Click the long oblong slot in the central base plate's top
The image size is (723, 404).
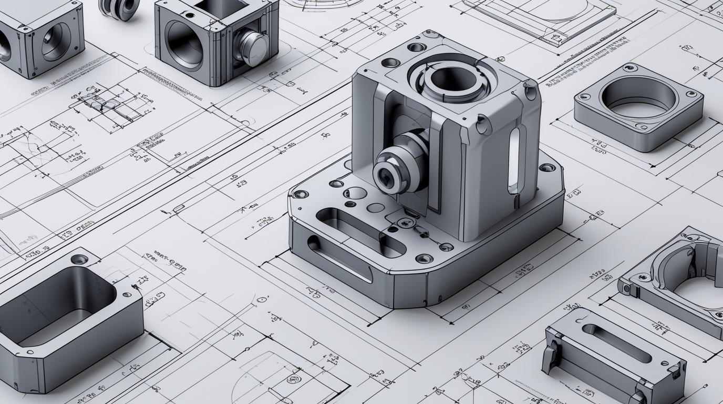coord(361,231)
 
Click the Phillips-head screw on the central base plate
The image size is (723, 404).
coord(406,223)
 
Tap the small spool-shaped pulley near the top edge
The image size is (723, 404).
coord(119,8)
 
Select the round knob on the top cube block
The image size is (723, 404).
coord(252,47)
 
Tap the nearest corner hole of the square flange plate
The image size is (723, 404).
coord(642,126)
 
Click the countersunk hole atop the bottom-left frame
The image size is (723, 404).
coord(79,259)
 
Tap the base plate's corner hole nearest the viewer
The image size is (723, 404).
coord(424,258)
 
